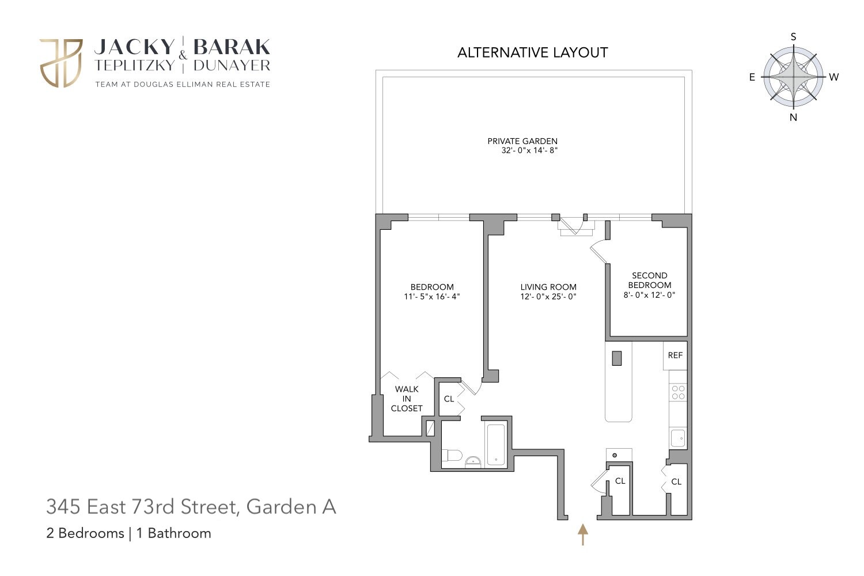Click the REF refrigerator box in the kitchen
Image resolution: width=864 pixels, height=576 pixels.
(x=675, y=355)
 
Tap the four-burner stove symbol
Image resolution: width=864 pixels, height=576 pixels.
(x=679, y=392)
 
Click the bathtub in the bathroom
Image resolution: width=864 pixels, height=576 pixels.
(x=495, y=444)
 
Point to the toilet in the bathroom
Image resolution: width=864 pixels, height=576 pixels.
(x=453, y=456)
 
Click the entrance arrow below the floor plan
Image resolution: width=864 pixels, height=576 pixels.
(x=583, y=534)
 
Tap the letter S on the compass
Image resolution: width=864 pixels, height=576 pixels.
(x=793, y=37)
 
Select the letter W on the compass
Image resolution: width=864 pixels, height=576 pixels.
(x=833, y=77)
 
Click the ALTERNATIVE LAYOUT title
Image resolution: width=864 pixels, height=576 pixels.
(x=532, y=52)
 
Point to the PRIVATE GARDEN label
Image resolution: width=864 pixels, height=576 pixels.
(x=522, y=141)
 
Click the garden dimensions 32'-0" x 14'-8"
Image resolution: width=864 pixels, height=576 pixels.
(x=530, y=151)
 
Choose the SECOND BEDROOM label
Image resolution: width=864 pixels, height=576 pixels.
(x=650, y=280)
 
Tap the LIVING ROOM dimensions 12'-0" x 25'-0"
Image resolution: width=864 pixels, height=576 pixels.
(x=548, y=297)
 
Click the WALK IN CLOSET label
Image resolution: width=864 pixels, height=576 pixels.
(x=407, y=399)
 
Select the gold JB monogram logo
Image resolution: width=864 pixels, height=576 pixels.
(x=61, y=63)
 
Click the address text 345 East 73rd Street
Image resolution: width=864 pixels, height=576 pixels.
(x=141, y=507)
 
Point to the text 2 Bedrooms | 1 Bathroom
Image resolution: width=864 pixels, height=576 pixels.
(x=128, y=533)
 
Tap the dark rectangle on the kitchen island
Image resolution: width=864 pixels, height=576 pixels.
(x=617, y=358)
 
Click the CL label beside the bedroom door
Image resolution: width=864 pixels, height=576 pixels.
(x=449, y=399)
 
